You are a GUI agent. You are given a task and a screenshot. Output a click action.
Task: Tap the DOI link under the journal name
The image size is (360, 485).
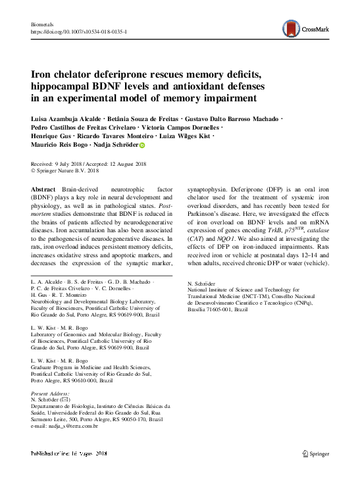[79, 32]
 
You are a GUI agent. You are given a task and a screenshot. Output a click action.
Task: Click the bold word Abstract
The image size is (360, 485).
[43, 189]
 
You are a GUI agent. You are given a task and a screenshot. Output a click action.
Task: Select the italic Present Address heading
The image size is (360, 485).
[53, 394]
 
